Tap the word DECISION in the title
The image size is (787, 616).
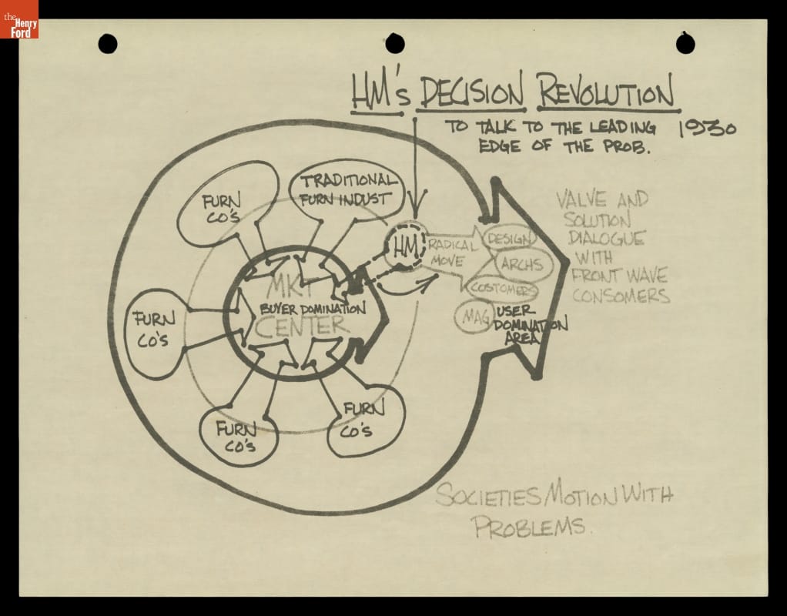(x=471, y=94)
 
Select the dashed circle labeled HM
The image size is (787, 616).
(x=404, y=246)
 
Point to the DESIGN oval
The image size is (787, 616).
(x=509, y=239)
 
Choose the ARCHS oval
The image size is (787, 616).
(x=521, y=264)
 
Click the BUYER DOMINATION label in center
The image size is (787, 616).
(x=312, y=309)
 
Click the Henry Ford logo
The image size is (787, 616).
(x=18, y=20)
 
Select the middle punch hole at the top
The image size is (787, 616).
(x=395, y=44)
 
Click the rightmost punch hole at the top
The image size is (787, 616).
(x=685, y=43)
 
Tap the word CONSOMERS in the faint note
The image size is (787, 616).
(x=621, y=295)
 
